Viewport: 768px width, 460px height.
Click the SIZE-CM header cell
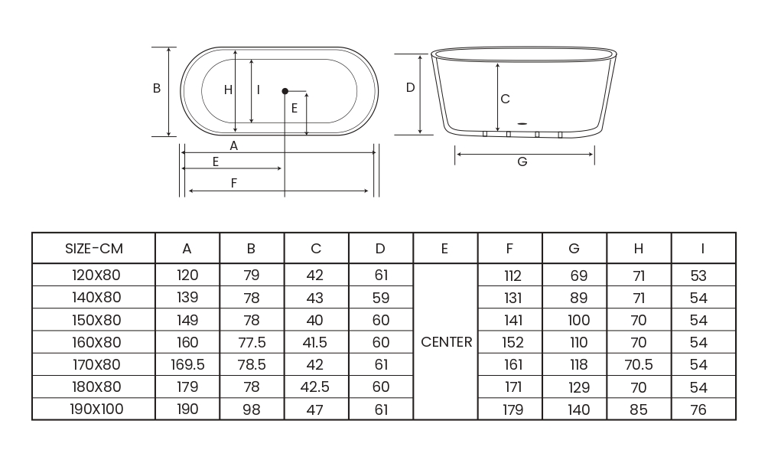click(x=93, y=249)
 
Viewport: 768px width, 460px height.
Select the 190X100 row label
click(x=96, y=409)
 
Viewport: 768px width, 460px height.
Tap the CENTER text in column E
click(x=446, y=342)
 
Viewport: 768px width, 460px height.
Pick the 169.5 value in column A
click(x=187, y=364)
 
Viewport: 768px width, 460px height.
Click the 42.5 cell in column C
click(x=314, y=387)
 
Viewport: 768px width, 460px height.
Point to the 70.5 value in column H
click(x=639, y=364)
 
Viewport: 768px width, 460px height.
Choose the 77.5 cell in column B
click(x=252, y=342)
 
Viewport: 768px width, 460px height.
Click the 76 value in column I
click(x=698, y=409)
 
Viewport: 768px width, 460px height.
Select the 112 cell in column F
click(x=513, y=276)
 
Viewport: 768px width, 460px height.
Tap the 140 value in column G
click(x=578, y=409)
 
